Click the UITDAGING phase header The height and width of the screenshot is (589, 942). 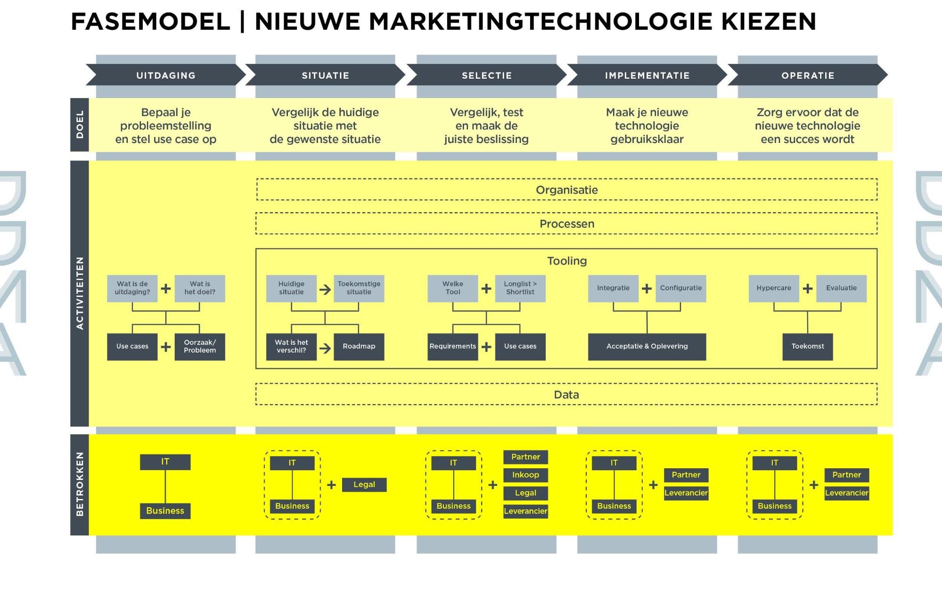166,75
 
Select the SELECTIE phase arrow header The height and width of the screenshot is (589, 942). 487,75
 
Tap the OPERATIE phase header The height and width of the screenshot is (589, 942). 808,75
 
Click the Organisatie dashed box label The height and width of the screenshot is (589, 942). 567,190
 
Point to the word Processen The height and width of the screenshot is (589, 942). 567,224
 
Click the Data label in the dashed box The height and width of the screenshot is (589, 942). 566,395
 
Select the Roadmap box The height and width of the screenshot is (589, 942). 359,347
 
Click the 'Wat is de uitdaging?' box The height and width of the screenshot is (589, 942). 132,288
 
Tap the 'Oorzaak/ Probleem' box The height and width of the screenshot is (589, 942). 200,347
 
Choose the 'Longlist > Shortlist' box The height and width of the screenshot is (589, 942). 520,288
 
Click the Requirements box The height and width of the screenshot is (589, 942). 453,347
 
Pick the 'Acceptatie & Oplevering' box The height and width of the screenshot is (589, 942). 647,347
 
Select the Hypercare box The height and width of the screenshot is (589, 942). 774,288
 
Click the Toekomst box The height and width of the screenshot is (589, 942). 808,347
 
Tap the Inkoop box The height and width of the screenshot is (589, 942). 525,475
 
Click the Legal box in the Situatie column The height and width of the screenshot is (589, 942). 364,485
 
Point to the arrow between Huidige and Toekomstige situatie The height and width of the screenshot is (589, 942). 325,289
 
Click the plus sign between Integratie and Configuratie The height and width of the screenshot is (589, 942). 647,288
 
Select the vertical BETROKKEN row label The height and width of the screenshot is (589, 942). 80,484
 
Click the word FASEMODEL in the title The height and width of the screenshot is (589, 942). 150,22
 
